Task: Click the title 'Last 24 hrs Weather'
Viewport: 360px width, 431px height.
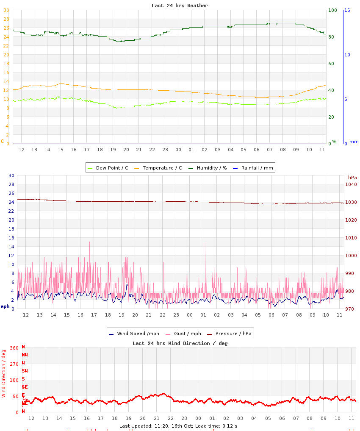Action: pos(180,6)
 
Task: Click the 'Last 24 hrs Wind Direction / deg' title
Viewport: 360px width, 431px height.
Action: pos(180,343)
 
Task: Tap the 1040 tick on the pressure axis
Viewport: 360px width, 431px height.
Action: pos(352,184)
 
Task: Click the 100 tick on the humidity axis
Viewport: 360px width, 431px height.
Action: pos(332,10)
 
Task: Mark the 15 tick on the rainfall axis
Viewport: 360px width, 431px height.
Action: pos(347,10)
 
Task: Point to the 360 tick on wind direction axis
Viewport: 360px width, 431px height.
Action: pos(14,348)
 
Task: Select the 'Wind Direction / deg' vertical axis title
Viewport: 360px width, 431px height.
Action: pos(4,373)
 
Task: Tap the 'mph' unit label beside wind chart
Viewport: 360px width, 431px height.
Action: pos(5,306)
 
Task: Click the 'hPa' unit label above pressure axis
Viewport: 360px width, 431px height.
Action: pos(352,178)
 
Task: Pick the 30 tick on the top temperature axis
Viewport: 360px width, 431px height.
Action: pos(6,10)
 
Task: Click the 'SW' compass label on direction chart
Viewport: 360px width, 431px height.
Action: pos(25,371)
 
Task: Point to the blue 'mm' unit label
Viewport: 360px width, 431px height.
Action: pos(354,142)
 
